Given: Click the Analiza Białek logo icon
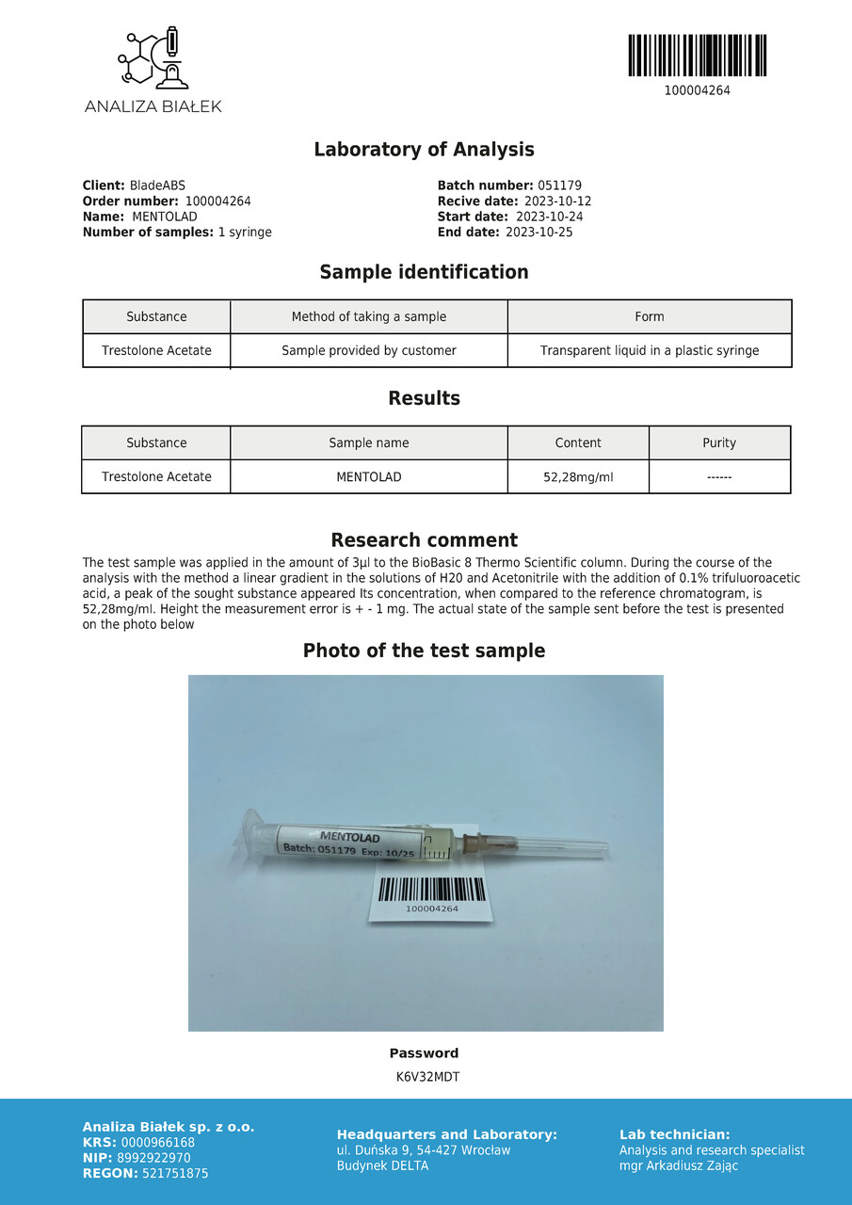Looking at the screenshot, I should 153,58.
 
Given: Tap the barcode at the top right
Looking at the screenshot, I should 697,56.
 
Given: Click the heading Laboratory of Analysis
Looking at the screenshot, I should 424,150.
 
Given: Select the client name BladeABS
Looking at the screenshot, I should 157,186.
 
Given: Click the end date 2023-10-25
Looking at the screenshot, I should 539,232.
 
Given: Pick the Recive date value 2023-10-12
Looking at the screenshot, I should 557,201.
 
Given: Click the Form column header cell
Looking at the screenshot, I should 649,317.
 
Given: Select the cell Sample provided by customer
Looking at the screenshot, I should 368,350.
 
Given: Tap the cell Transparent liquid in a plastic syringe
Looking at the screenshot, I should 649,350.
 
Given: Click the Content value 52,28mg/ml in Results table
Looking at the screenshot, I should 577,477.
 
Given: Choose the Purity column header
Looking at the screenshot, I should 719,443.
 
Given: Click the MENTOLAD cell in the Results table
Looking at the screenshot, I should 368,477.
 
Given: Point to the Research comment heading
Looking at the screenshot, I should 424,540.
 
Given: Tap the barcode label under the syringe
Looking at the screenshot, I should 432,895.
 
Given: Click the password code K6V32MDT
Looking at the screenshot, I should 427,1077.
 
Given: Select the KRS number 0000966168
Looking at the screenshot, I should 158,1143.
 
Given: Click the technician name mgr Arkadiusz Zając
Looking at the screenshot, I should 679,1165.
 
